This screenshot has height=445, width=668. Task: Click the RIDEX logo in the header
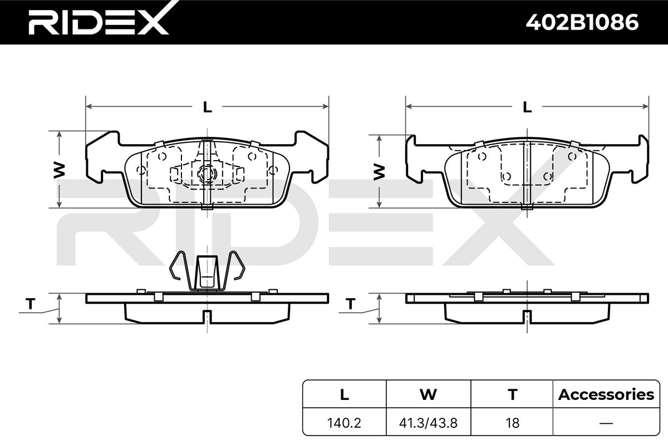click(99, 22)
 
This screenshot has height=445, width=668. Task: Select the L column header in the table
click(344, 395)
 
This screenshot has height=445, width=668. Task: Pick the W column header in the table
click(428, 395)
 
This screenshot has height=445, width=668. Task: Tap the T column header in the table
click(512, 395)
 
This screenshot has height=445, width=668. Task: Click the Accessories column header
click(606, 395)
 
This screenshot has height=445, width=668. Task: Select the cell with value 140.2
click(344, 423)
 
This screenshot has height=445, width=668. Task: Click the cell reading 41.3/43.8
click(428, 423)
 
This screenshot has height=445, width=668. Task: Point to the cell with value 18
click(512, 423)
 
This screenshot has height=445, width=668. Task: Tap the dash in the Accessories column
click(606, 423)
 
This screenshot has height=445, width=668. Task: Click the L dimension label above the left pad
click(207, 107)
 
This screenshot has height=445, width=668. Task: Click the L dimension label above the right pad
click(527, 107)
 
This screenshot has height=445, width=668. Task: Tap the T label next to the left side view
click(31, 304)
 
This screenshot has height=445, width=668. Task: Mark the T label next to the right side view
click(351, 304)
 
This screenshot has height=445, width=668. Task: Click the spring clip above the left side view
click(207, 271)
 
